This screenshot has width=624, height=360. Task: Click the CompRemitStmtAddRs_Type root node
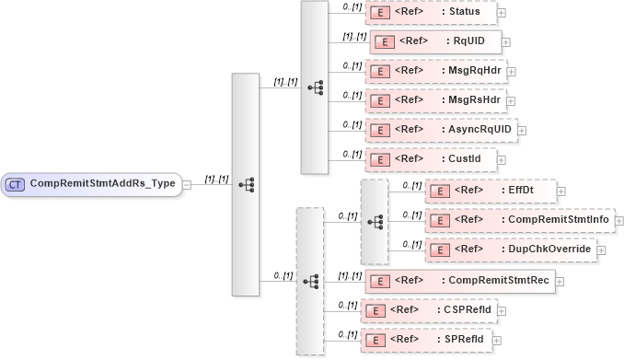point(92,183)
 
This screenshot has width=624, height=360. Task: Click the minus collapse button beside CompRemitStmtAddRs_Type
point(187,183)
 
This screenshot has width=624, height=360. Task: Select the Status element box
point(431,11)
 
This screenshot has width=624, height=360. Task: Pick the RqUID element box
point(435,41)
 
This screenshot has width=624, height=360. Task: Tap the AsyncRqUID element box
point(442,130)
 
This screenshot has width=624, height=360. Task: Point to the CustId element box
point(431,159)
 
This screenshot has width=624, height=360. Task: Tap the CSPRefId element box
point(433,310)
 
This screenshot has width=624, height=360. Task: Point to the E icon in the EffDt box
point(439,192)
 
